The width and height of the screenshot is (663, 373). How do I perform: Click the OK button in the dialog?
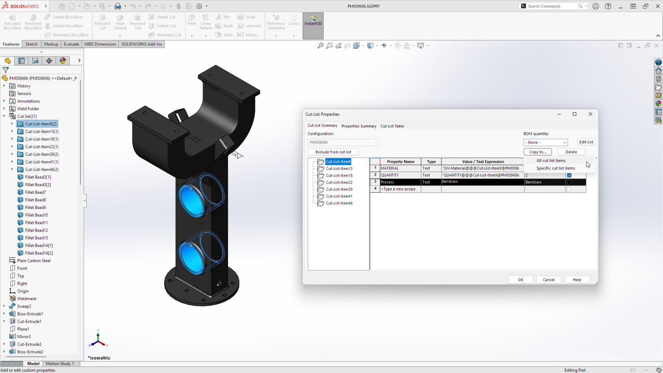520,280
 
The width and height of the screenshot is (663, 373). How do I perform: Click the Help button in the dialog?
577,280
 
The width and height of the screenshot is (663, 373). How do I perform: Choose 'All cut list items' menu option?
551,161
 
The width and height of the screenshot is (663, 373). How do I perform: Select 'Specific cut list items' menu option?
556,168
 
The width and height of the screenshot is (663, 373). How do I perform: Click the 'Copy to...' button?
537,152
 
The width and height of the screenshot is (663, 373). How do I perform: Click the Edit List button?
586,142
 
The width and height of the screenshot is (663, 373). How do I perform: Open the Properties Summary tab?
359,126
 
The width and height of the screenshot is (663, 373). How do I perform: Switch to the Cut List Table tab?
392,126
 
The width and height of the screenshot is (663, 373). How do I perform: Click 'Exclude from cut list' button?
333,152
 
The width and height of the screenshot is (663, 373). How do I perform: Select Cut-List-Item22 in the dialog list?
339,183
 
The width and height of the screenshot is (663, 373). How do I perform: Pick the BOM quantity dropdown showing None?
546,142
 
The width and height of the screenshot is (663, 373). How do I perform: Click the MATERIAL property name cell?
400,168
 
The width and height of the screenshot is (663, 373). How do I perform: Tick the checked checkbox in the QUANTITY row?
569,175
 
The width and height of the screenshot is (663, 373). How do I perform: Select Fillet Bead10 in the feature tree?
36,215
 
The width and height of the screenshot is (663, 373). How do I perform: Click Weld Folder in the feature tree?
28,109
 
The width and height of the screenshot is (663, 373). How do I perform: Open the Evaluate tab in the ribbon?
71,44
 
